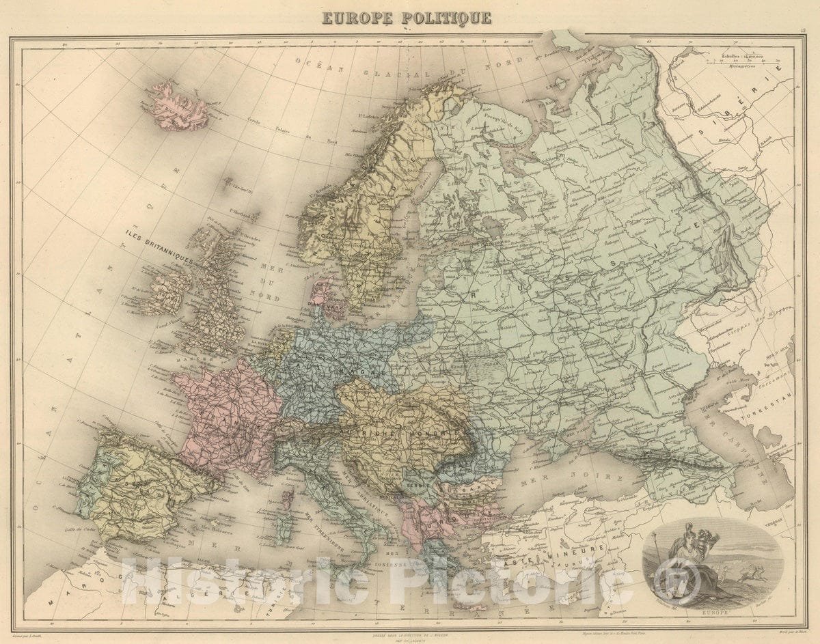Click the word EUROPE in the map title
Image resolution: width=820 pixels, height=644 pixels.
coord(357,17)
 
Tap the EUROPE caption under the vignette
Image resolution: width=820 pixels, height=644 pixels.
coord(711,613)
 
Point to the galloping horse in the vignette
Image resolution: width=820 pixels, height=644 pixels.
coord(752,586)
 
